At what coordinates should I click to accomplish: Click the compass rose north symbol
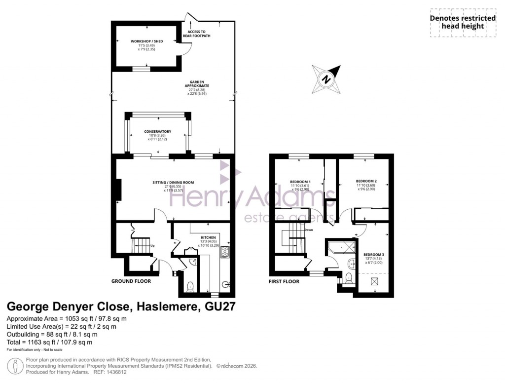[x=326, y=78]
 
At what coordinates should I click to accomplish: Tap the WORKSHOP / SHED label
[x=146, y=41]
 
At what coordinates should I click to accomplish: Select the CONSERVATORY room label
[x=157, y=131]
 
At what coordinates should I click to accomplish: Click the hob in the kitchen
[x=225, y=252]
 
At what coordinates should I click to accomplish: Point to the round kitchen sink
[x=226, y=284]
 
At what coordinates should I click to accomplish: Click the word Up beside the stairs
[x=152, y=245]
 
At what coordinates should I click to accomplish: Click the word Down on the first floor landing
[x=309, y=230]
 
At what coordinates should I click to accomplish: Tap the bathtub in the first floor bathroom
[x=342, y=245]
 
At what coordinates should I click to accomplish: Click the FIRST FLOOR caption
[x=284, y=281]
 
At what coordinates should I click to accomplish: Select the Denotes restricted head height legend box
[x=462, y=22]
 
